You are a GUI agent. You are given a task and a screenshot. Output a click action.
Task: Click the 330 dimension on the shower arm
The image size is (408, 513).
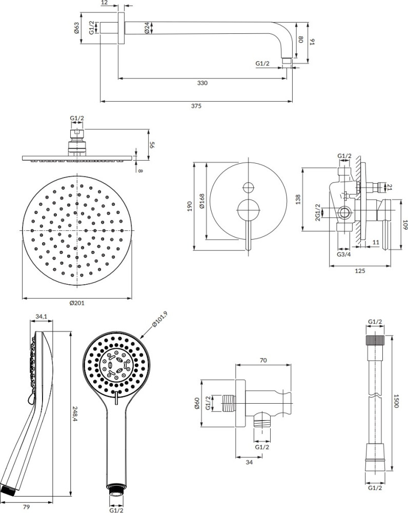[202, 83]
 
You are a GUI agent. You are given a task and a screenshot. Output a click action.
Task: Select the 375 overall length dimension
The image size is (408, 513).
[196, 106]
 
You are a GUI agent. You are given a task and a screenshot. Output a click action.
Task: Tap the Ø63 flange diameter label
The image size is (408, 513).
[77, 28]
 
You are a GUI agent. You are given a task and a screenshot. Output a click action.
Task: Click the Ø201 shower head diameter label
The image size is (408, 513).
[77, 303]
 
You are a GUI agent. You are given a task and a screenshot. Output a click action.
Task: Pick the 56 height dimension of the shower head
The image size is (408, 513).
[152, 144]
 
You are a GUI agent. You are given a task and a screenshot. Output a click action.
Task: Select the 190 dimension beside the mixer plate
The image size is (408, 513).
[189, 206]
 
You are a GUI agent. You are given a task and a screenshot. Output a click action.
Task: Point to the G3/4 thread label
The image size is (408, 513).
[344, 254]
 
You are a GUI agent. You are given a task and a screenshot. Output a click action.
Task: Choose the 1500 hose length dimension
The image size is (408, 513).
[396, 402]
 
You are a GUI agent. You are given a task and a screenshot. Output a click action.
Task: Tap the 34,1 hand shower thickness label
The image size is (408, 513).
[41, 317]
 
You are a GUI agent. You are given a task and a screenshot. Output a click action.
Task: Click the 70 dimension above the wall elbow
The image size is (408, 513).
[263, 361]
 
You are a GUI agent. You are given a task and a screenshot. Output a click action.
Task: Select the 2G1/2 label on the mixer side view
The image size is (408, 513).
[318, 212]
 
